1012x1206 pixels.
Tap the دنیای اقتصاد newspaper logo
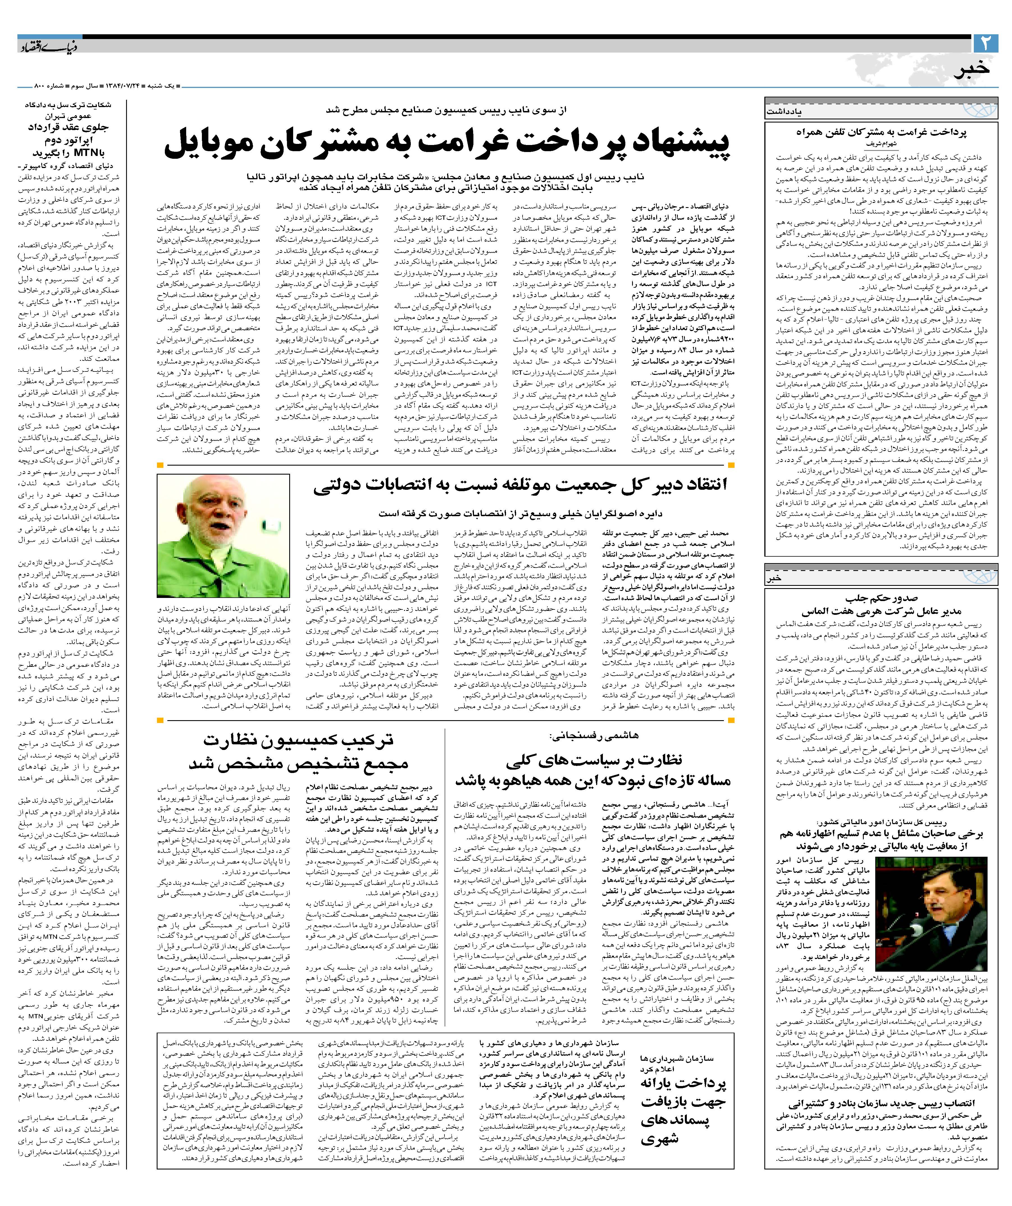pyautogui.click(x=49, y=48)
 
